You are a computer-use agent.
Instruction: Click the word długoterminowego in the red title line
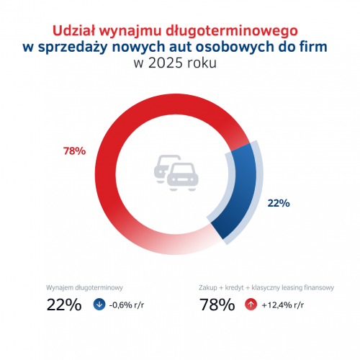click(237, 31)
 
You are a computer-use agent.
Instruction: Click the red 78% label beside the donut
click(75, 151)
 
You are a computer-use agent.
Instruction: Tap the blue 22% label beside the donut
click(278, 203)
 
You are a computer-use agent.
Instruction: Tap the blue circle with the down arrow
click(99, 304)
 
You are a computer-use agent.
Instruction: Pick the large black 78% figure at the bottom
click(216, 305)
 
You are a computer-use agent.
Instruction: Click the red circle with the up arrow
click(251, 304)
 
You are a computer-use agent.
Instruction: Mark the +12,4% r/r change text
click(284, 305)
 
